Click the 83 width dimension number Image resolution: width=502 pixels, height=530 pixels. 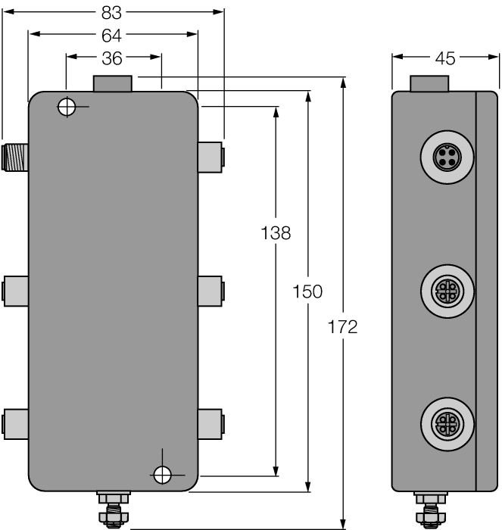112,12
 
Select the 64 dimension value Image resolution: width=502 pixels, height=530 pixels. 112,34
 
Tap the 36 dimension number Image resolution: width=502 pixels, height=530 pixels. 112,57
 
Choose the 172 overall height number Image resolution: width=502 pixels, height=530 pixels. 343,327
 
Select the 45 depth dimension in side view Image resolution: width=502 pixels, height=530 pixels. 435,58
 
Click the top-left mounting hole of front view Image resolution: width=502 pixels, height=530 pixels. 67,107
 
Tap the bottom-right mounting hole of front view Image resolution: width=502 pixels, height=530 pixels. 162,475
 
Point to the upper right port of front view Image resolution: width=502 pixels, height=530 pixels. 210,156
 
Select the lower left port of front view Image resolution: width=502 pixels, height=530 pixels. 15,422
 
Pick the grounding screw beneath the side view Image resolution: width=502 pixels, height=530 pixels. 429,509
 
